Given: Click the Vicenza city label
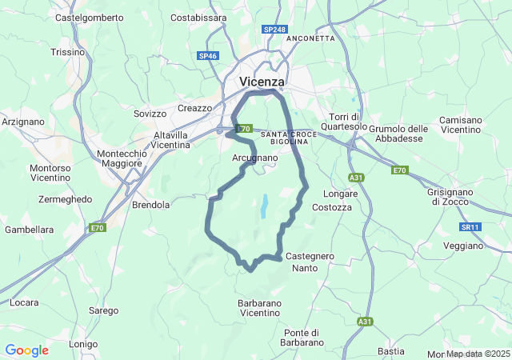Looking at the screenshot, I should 262,82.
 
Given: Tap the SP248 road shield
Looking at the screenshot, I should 274,29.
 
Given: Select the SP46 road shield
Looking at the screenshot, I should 208,55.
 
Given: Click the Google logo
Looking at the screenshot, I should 26,350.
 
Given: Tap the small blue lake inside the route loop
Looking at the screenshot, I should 262,206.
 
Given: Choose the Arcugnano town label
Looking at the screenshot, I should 254,158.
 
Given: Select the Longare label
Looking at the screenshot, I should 339,194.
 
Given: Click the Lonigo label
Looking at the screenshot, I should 83,344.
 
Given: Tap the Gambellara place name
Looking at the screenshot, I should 29,230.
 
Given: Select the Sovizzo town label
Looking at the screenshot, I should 150,114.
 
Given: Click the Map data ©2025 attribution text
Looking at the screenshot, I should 478,354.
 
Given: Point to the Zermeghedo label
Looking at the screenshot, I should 65,199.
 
